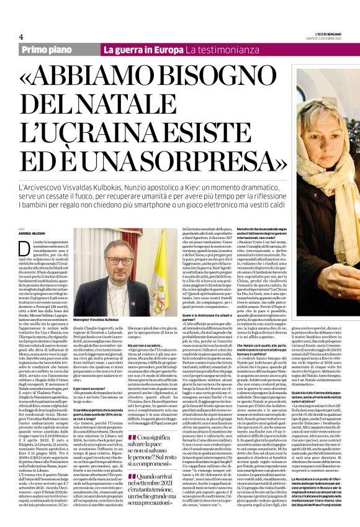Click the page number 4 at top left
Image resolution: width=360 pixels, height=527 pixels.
pyautogui.click(x=21, y=37)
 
